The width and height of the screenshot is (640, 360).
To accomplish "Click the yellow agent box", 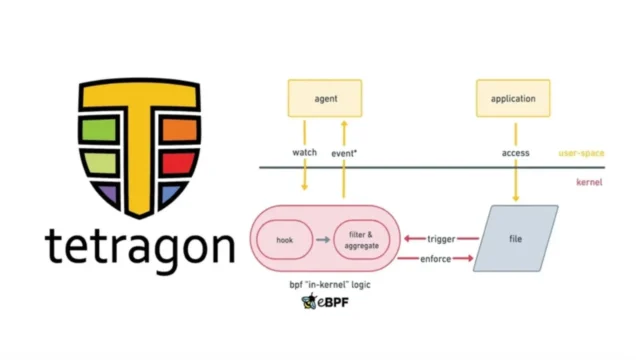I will coord(323,99).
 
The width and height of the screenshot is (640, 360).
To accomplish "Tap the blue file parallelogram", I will coord(515,239).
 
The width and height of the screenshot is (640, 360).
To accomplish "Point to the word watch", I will coord(304,153).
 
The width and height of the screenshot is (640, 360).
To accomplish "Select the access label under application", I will coord(515,153).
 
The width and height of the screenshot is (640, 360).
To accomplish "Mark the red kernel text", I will coord(589,183).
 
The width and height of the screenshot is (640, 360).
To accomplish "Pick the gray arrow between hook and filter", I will coord(321,240).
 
